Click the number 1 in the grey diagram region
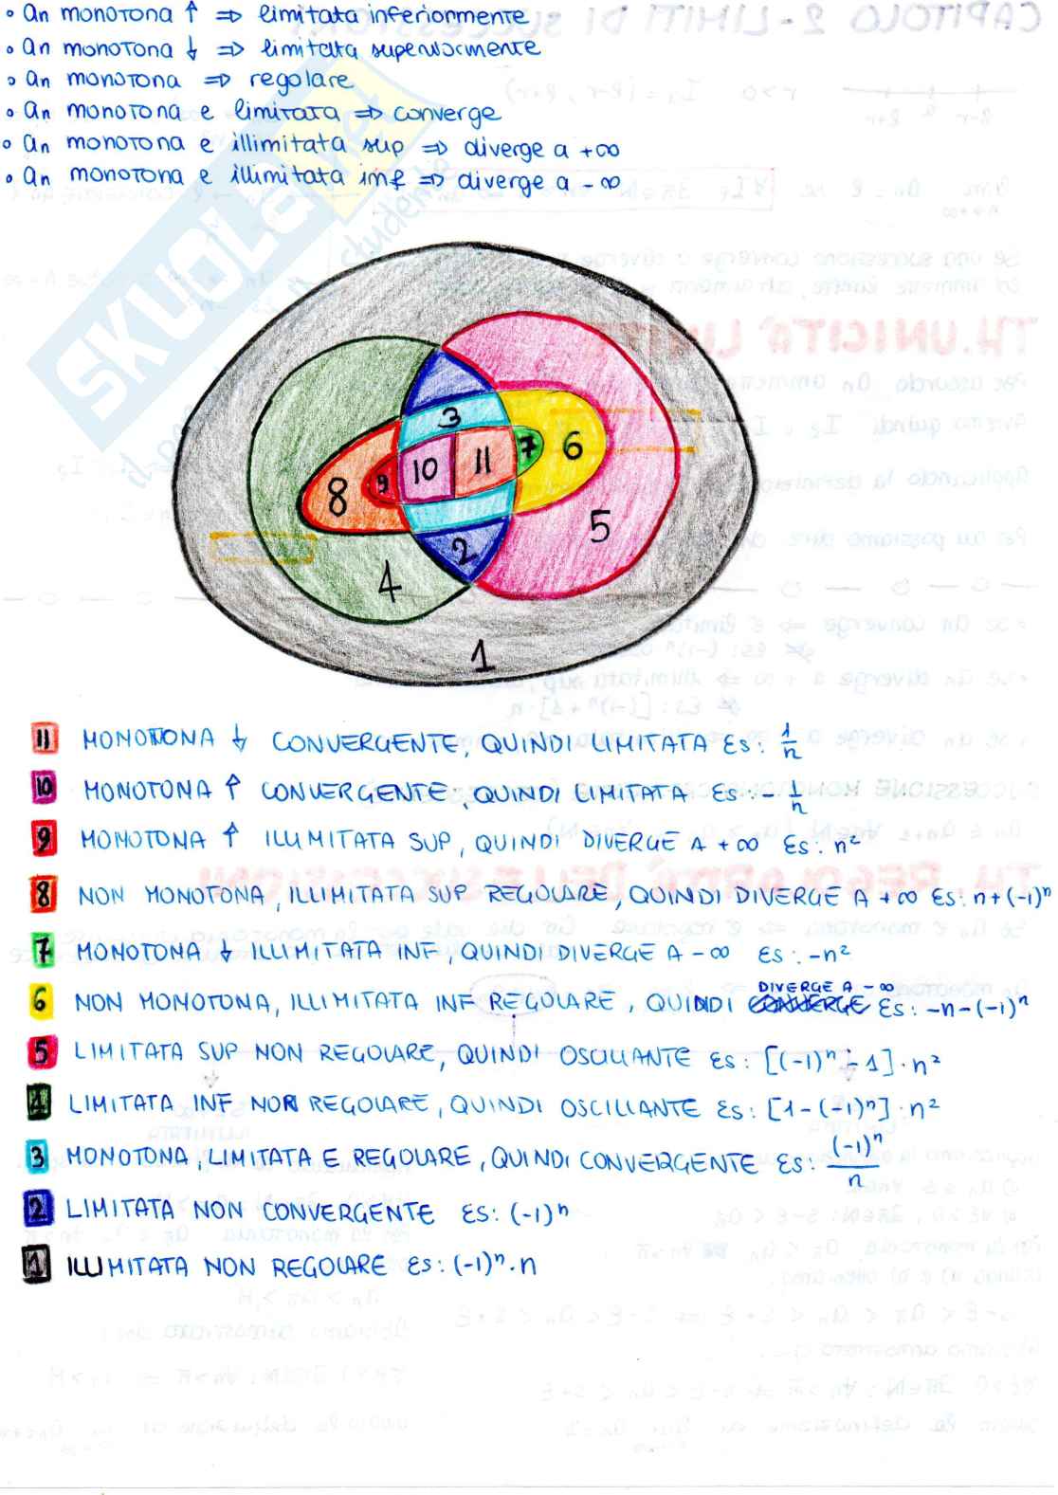[483, 653]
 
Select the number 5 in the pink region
[599, 525]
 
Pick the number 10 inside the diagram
[426, 468]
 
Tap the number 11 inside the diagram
[482, 464]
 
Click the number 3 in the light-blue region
[451, 414]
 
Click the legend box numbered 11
[45, 738]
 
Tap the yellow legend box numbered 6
[39, 1000]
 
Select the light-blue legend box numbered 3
[38, 1156]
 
